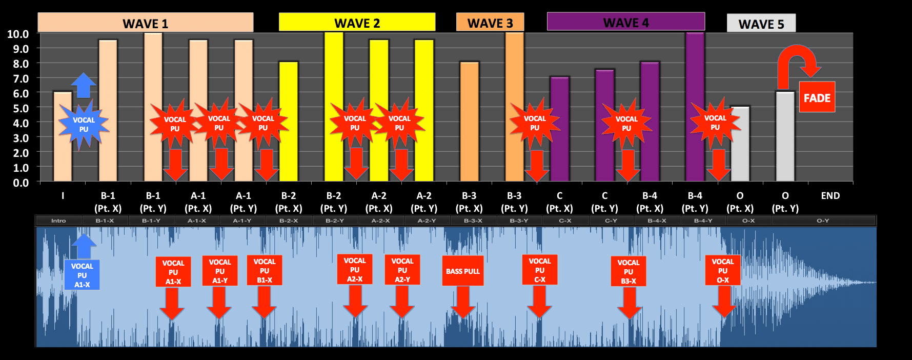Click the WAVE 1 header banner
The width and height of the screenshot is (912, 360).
tap(145, 23)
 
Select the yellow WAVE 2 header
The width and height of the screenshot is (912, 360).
tap(357, 23)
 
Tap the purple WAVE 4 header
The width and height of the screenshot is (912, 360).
tap(625, 22)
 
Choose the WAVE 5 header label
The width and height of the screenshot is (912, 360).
tap(761, 24)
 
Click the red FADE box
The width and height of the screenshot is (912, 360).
tap(817, 97)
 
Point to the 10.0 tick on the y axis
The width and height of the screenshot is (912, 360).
tap(18, 34)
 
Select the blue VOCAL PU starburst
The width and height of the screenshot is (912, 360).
tap(84, 125)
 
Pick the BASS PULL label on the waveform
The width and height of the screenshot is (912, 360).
tap(462, 271)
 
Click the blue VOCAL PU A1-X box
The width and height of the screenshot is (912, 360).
tap(82, 275)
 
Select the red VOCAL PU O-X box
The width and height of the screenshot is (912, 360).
tap(722, 270)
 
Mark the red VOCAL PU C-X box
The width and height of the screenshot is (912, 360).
tap(539, 270)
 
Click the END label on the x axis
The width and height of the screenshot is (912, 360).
tap(830, 196)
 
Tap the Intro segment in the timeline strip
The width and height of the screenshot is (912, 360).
tap(58, 221)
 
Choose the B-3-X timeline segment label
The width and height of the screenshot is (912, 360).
tap(473, 221)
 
